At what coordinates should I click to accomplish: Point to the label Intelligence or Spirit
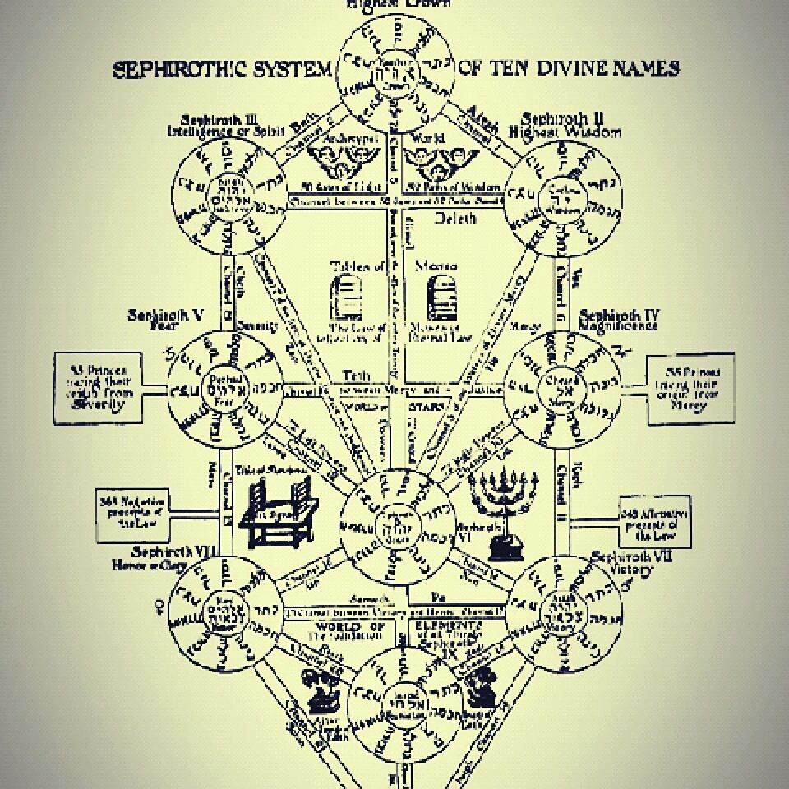(x=213, y=131)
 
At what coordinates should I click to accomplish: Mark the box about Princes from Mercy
(x=690, y=388)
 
